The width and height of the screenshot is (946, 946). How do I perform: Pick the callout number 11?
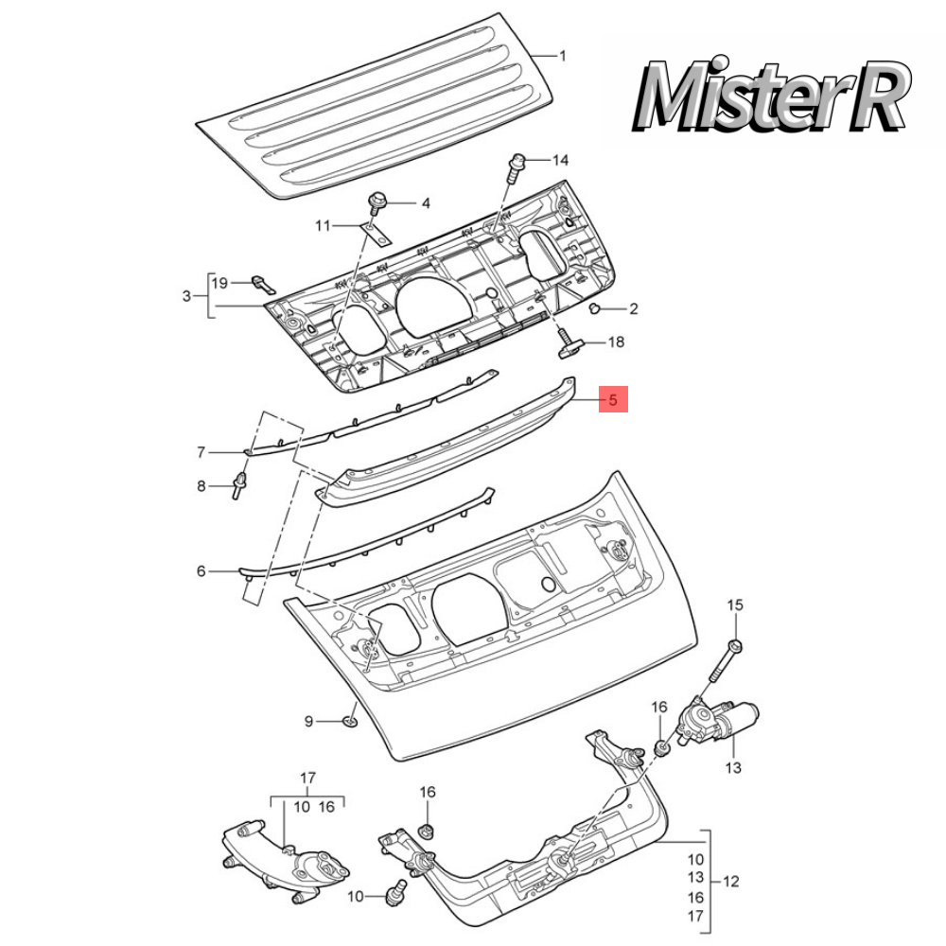324,225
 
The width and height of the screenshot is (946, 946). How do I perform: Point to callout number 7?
201,452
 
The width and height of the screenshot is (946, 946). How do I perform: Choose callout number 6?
201,571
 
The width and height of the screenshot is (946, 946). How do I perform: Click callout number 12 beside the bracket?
730,882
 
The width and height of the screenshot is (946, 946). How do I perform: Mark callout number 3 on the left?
186,296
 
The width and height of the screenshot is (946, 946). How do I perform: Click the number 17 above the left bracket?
307,779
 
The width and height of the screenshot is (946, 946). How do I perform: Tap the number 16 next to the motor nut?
659,708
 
